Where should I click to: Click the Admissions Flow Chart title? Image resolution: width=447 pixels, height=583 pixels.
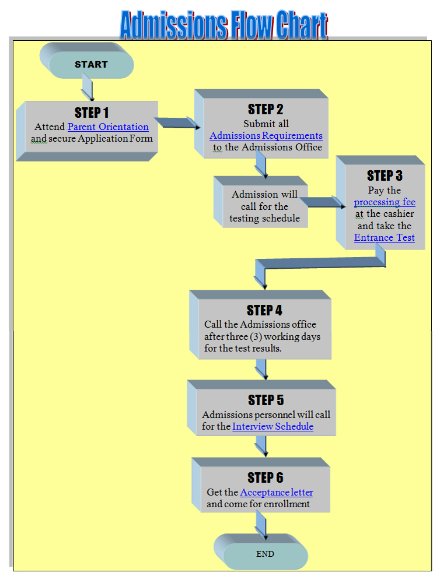click(x=223, y=24)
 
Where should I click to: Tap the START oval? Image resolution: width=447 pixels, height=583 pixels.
click(x=91, y=64)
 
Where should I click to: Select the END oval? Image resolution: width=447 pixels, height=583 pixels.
click(x=265, y=554)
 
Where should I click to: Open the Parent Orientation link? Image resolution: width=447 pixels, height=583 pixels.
click(x=108, y=127)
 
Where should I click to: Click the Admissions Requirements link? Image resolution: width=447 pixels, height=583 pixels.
click(x=266, y=135)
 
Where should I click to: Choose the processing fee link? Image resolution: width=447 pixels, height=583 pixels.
click(x=385, y=202)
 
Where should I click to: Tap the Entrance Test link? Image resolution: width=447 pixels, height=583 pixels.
click(x=385, y=237)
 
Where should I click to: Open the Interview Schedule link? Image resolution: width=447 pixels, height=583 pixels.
click(x=273, y=426)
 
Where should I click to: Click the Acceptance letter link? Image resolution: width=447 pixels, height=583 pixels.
click(x=277, y=492)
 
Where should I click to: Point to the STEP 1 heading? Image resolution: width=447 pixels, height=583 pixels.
click(x=92, y=113)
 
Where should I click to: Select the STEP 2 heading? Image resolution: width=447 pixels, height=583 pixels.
click(x=266, y=109)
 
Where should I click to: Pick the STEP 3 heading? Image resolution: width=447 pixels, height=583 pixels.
click(x=385, y=175)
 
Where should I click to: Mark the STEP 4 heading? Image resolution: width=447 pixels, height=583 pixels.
click(x=264, y=310)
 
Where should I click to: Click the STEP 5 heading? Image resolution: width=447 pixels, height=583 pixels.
click(x=266, y=400)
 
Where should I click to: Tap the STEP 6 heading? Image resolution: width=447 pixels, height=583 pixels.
click(x=265, y=478)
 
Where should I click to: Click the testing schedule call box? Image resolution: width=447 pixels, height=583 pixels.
click(x=264, y=206)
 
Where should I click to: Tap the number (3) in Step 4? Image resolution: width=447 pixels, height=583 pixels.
click(x=271, y=336)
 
